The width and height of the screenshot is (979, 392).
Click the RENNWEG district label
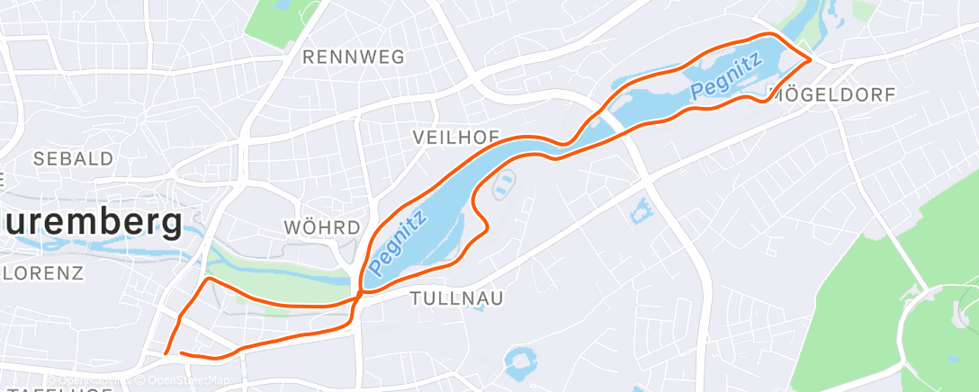pyautogui.click(x=353, y=58)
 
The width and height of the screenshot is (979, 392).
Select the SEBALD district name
pyautogui.click(x=74, y=159)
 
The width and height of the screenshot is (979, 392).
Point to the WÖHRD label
pyautogui.click(x=321, y=227)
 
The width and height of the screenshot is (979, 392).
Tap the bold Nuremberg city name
pyautogui.click(x=90, y=220)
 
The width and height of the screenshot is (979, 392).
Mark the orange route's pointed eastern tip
pyautogui.click(x=812, y=59)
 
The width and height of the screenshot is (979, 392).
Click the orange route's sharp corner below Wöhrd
pyautogui.click(x=211, y=280)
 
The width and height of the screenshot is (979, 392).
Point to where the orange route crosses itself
pyautogui.click(x=360, y=292)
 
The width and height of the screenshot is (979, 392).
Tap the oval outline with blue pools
pyautogui.click(x=505, y=184)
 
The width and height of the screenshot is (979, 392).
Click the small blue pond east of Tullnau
pyautogui.click(x=642, y=211)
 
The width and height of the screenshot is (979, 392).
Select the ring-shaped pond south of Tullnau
pyautogui.click(x=520, y=363)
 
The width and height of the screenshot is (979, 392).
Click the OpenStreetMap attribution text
pyautogui.click(x=171, y=381)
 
